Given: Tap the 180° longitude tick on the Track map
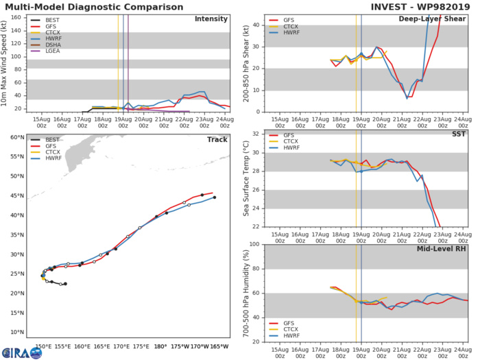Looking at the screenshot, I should pyautogui.click(x=159, y=346).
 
